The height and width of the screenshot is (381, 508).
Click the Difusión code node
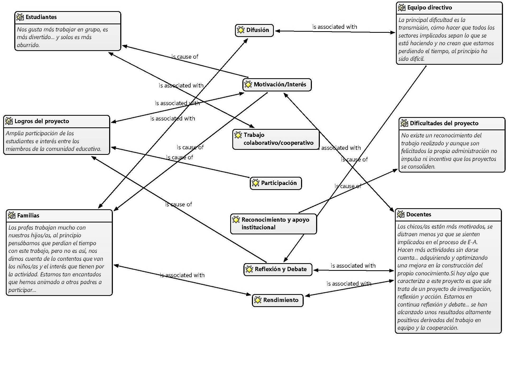pyautogui.click(x=254, y=30)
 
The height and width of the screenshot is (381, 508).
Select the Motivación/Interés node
pyautogui.click(x=277, y=85)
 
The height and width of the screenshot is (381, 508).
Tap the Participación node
pyautogui.click(x=276, y=183)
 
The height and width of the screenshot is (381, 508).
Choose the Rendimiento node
pyautogui.click(x=278, y=300)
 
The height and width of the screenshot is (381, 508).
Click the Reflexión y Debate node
pyautogui.click(x=278, y=269)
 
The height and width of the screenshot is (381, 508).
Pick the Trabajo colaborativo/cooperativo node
pyautogui.click(x=276, y=139)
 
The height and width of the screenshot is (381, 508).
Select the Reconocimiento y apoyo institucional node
pyautogui.click(x=273, y=224)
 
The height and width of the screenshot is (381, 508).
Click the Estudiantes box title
pyautogui.click(x=41, y=17)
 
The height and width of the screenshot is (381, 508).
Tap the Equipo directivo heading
pyautogui.click(x=430, y=8)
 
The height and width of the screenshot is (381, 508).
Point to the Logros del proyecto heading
pyautogui.click(x=42, y=121)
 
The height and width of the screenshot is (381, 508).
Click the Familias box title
pyautogui.click(x=28, y=216)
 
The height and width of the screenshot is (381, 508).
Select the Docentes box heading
pyautogui.click(x=419, y=215)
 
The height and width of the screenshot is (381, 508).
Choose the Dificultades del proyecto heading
pyautogui.click(x=444, y=123)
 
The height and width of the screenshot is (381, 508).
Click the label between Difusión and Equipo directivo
pyautogui.click(x=335, y=27)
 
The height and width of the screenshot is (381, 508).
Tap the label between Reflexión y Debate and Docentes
pyautogui.click(x=353, y=266)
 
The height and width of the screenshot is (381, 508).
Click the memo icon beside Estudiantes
pyautogui.click(x=20, y=17)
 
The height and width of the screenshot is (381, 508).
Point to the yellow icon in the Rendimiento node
pyautogui.click(x=258, y=300)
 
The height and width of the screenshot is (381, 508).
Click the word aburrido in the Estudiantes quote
pyautogui.click(x=28, y=45)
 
